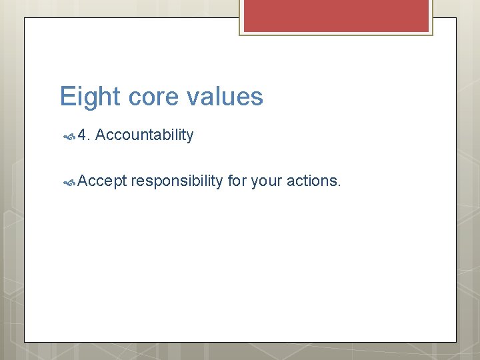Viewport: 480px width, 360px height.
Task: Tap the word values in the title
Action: click(x=225, y=97)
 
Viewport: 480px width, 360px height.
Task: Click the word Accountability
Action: click(x=144, y=135)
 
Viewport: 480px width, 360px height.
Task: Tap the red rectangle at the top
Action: click(x=336, y=15)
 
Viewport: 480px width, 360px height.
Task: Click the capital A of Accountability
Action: click(x=100, y=135)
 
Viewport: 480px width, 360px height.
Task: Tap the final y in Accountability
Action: click(x=190, y=137)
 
